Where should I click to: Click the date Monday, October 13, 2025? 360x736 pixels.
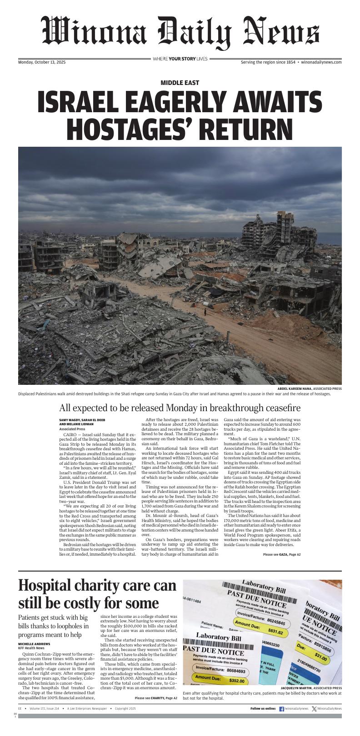tap(42, 62)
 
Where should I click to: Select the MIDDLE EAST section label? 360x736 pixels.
tap(180, 83)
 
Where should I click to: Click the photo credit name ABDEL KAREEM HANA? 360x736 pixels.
tap(295, 388)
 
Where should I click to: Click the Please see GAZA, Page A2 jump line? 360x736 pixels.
tap(282, 555)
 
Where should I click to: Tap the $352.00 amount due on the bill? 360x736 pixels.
tap(236, 681)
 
